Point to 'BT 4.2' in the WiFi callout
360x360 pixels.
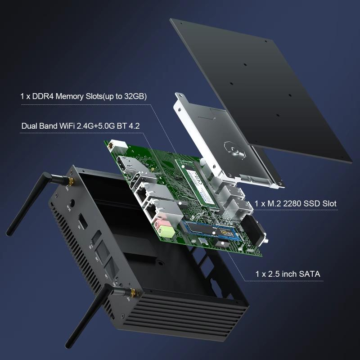coord(128,126)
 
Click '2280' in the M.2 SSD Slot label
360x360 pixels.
coord(295,204)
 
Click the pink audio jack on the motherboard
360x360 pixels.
coord(159,223)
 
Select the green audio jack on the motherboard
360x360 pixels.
coord(166,232)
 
